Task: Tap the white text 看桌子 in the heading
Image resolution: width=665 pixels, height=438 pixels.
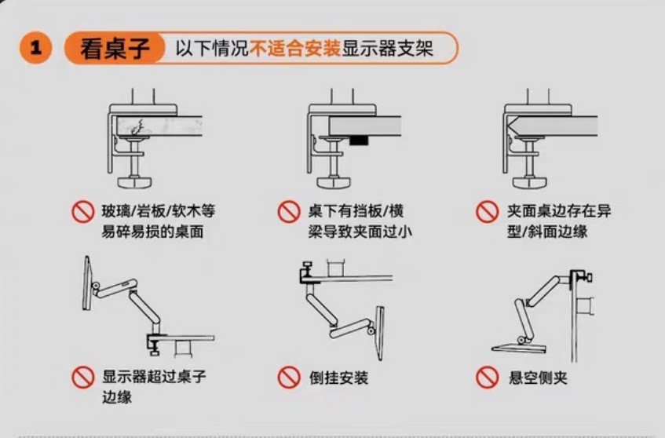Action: pyautogui.click(x=114, y=49)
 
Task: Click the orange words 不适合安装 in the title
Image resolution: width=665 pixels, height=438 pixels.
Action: pyautogui.click(x=295, y=49)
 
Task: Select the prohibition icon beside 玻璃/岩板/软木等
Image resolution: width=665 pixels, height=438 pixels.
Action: pyautogui.click(x=82, y=212)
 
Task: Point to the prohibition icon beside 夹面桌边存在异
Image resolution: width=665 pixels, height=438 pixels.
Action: pyautogui.click(x=488, y=212)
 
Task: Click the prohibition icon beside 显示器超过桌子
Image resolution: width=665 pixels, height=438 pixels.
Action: pyautogui.click(x=82, y=378)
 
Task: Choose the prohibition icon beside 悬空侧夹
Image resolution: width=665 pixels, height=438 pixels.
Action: pyautogui.click(x=488, y=378)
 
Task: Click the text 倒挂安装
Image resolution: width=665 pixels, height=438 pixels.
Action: pyautogui.click(x=338, y=378)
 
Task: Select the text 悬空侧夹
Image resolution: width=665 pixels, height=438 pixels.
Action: pyautogui.click(x=538, y=378)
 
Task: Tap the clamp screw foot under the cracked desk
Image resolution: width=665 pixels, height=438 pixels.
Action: pyautogui.click(x=136, y=180)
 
